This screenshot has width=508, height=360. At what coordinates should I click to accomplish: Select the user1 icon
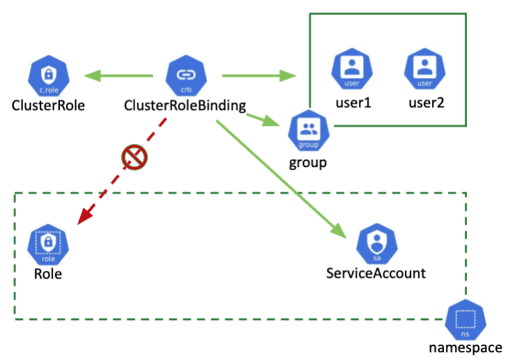point(353,70)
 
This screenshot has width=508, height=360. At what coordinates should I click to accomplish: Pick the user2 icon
point(424,70)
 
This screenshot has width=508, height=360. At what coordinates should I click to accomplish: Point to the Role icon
point(49,244)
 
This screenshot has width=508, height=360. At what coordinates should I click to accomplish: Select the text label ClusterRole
point(48,106)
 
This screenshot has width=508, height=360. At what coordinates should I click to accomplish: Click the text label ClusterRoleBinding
point(185,106)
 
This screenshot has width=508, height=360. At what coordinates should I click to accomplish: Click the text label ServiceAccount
point(376,273)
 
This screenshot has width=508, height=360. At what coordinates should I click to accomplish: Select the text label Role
point(48,274)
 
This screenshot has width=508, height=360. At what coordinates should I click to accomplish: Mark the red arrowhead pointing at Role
point(84,215)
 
